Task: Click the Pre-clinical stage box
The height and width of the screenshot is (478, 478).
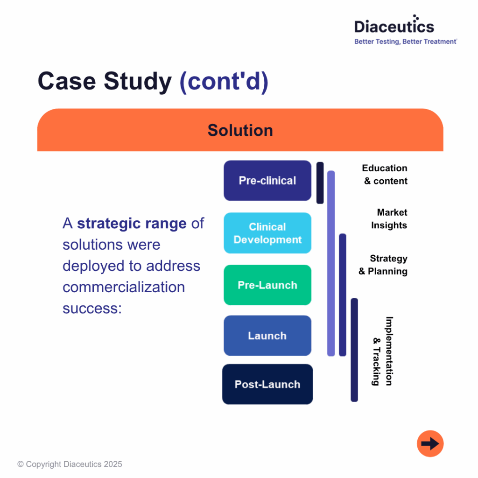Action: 267,181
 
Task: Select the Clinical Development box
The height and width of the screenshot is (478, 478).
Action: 267,233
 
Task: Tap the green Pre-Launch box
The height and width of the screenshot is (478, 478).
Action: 267,285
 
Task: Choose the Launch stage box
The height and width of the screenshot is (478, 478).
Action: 267,336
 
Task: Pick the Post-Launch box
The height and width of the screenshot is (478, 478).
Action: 267,384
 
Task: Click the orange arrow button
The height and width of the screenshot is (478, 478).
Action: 430,443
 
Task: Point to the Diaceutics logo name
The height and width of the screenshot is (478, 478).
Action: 394,26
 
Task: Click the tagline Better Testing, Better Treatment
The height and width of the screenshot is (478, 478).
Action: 405,42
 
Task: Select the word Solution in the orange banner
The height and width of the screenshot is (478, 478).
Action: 240,130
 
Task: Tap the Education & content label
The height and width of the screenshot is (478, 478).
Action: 385,175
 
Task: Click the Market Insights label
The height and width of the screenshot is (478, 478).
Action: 389,219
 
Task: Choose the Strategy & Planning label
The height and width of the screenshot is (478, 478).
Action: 383,265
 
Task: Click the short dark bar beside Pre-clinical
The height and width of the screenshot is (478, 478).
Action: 320,183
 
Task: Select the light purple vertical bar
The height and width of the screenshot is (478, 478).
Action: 331,263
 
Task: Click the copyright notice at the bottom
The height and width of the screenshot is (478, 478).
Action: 70,464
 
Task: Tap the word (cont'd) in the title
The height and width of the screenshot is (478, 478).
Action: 224,81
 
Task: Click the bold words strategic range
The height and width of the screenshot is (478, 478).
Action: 132,224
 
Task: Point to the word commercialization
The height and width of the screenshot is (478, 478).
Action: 124,287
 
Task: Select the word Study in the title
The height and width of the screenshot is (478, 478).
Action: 138,81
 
